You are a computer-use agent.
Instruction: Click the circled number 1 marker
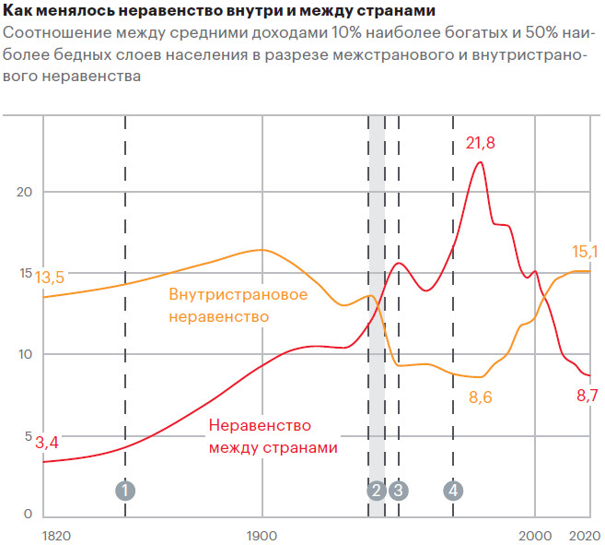125,491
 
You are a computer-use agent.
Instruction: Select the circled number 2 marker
376,491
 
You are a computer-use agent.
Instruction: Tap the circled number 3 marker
398,491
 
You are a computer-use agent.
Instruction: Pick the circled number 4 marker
453,491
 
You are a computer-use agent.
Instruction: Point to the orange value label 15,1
585,251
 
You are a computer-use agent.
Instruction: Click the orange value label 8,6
482,397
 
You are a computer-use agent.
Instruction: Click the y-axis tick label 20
25,192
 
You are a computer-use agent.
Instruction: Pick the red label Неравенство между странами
273,436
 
